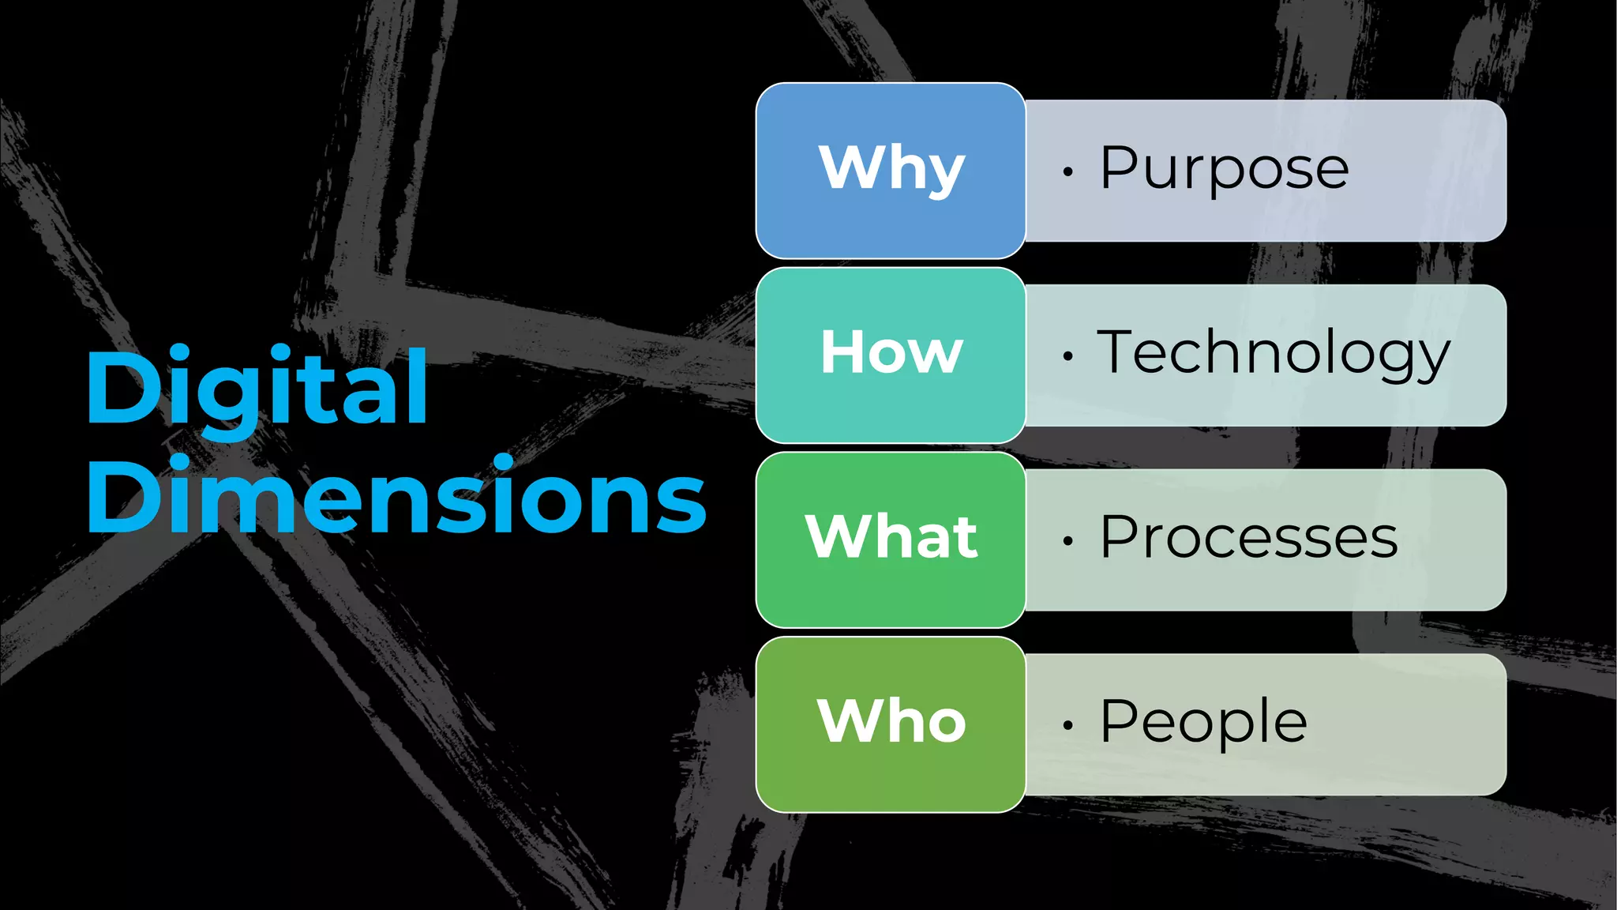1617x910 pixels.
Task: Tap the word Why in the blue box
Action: pos(891,168)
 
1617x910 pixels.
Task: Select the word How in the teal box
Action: pos(891,352)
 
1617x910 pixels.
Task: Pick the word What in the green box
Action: pos(891,537)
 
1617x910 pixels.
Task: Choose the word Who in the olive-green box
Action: pos(891,721)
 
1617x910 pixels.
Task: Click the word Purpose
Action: pos(1225,169)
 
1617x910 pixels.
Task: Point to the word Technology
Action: pos(1274,353)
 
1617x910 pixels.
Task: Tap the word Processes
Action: pos(1249,538)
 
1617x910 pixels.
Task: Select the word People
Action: pos(1203,722)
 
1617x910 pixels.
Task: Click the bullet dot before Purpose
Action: pos(1067,171)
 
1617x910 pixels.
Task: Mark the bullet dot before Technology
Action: pos(1067,356)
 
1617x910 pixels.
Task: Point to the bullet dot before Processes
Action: pos(1067,541)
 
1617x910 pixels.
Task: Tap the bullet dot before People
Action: pos(1067,725)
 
